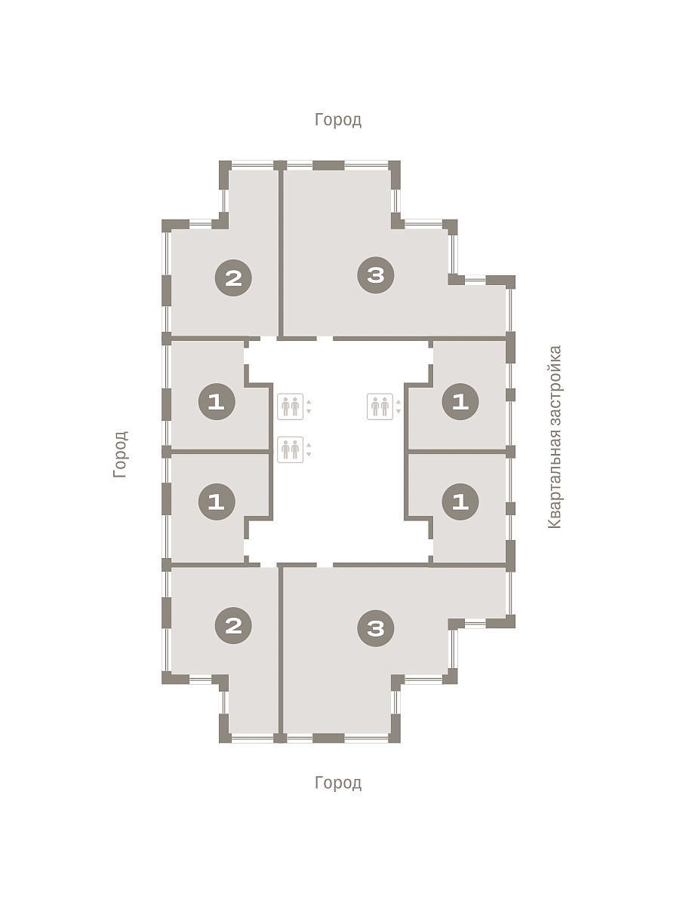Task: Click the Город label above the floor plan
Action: pyautogui.click(x=338, y=120)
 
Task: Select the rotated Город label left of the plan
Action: pyautogui.click(x=121, y=454)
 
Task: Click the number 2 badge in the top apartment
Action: pyautogui.click(x=233, y=278)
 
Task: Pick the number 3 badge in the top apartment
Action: pyautogui.click(x=376, y=275)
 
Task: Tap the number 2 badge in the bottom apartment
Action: pyautogui.click(x=233, y=625)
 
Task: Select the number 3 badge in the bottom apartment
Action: pyautogui.click(x=376, y=628)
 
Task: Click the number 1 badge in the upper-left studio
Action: pyautogui.click(x=217, y=401)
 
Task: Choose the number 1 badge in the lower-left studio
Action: pyautogui.click(x=217, y=502)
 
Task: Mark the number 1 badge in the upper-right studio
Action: pyautogui.click(x=460, y=401)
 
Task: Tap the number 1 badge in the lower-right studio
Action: pyautogui.click(x=460, y=502)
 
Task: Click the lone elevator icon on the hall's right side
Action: pyautogui.click(x=380, y=406)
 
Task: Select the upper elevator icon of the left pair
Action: pyautogui.click(x=291, y=406)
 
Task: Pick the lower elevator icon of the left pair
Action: pyautogui.click(x=291, y=449)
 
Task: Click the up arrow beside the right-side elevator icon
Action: pyautogui.click(x=399, y=401)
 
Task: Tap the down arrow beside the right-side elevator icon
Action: pyautogui.click(x=399, y=412)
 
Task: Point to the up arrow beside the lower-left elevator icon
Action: pyautogui.click(x=309, y=444)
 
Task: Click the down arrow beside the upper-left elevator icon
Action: pyautogui.click(x=309, y=412)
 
